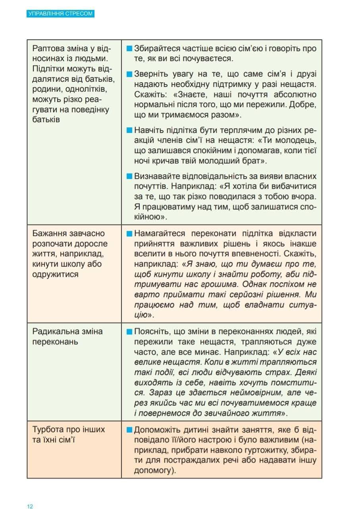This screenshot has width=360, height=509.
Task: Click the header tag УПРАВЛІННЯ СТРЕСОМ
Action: click(61, 13)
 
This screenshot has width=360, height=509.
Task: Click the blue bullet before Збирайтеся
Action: click(129, 49)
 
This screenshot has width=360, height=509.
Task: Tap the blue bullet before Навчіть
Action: click(129, 130)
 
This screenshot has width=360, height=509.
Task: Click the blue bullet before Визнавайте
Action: click(129, 176)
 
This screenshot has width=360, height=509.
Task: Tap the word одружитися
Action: click(56, 274)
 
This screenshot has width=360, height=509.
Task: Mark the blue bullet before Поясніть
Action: click(129, 332)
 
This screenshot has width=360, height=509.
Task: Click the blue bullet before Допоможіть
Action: click(129, 430)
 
